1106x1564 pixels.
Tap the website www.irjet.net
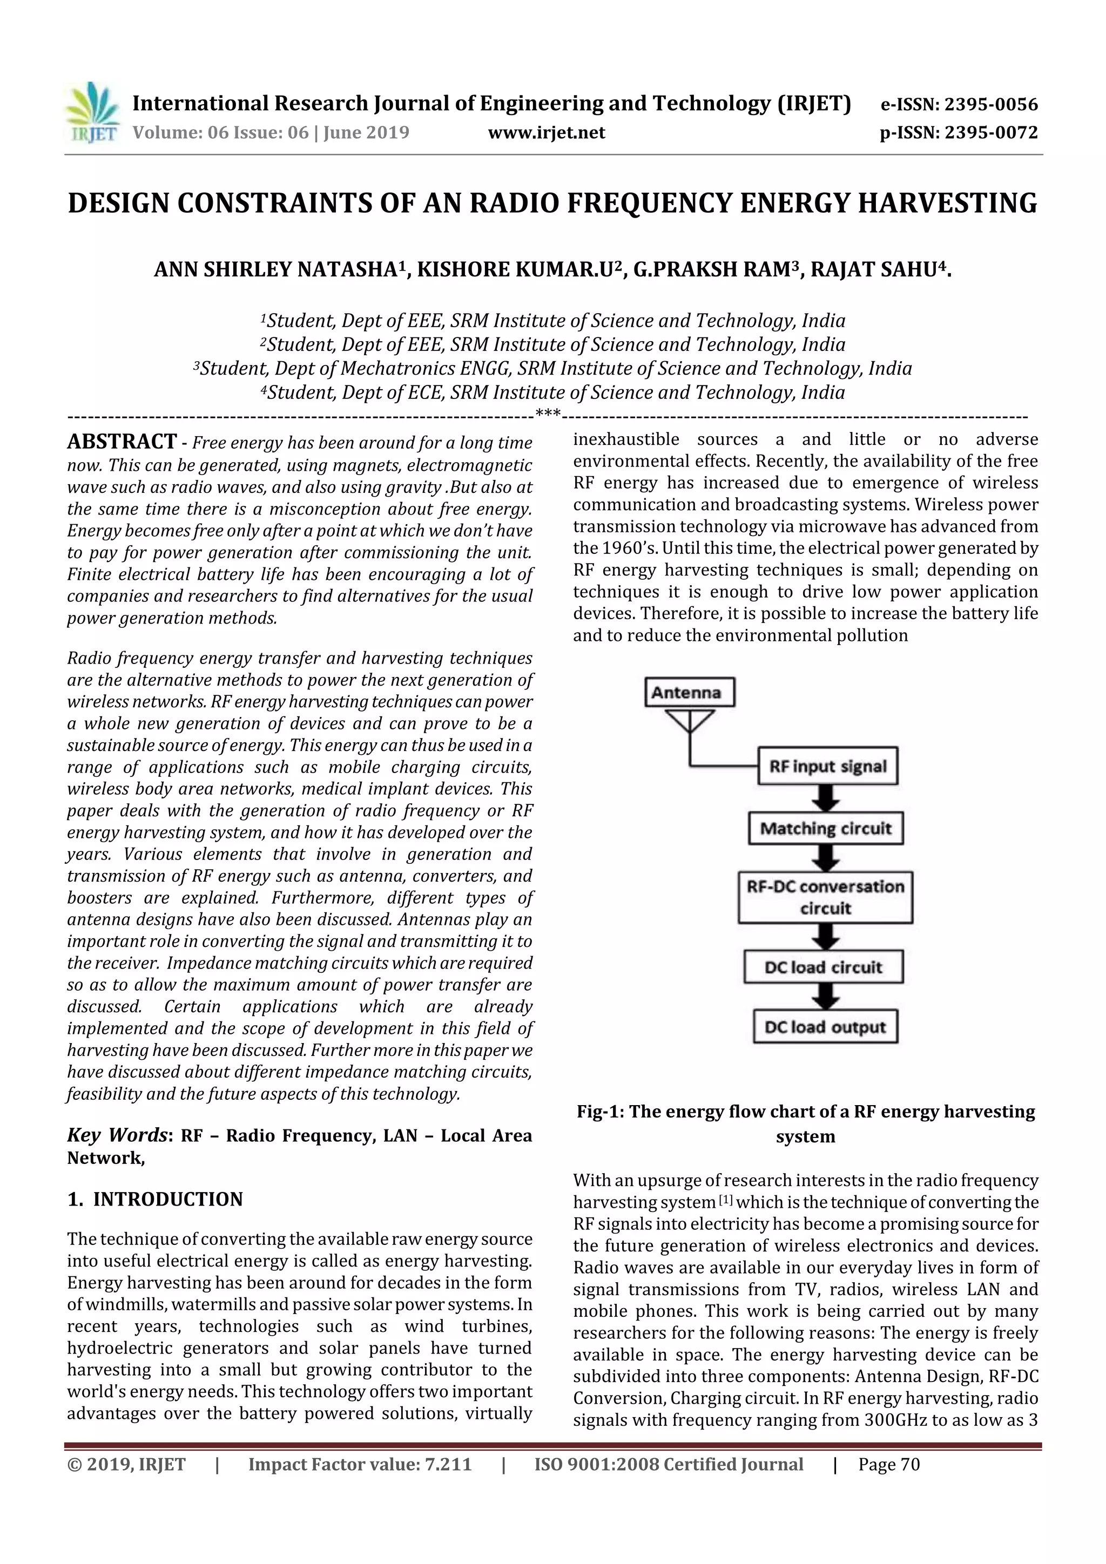point(547,133)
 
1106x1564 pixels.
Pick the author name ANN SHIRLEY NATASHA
point(275,270)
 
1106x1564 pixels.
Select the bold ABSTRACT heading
point(122,442)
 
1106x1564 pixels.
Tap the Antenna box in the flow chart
point(690,692)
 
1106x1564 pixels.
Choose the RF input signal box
point(827,766)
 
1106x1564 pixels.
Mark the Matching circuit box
point(825,828)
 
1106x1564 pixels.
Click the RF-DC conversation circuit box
point(825,897)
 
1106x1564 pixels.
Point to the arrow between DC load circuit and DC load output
point(825,997)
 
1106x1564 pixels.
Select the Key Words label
point(117,1135)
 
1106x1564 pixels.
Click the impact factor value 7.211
point(448,1465)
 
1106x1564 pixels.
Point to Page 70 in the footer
point(888,1465)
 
